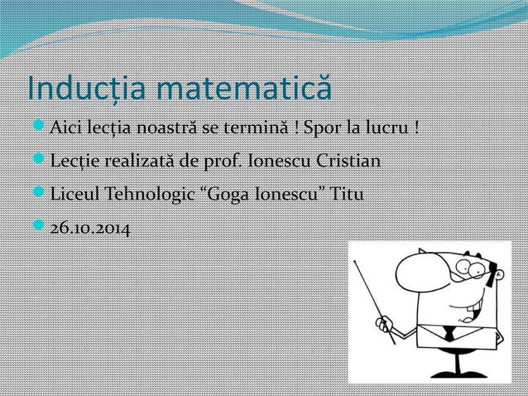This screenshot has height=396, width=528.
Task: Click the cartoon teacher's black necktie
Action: coord(446,334)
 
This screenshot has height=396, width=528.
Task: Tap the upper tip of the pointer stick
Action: coord(356,258)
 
